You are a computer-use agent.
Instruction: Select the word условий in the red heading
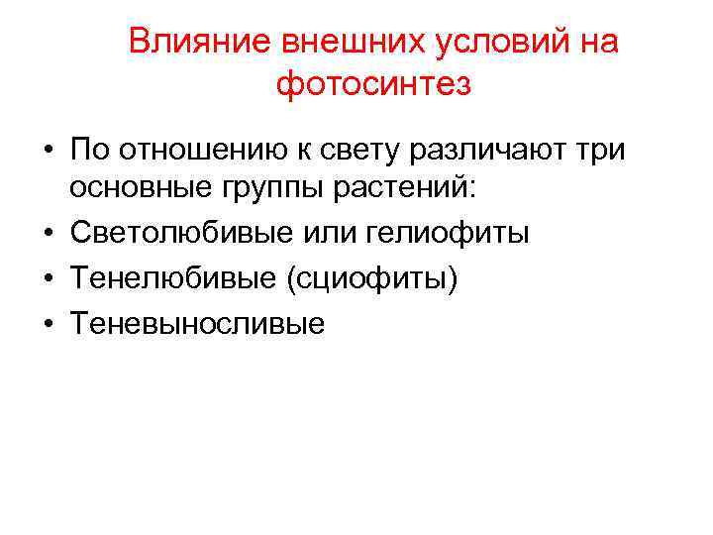coord(463,43)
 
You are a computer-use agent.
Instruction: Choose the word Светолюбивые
coord(160,233)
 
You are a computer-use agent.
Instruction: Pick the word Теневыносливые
coord(197,323)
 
